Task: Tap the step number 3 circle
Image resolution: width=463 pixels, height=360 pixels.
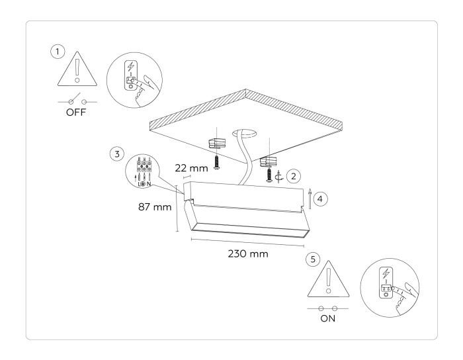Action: coord(116,154)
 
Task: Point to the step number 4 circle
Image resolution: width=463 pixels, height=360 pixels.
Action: coord(321,197)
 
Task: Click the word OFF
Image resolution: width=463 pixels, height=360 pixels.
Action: coord(77,112)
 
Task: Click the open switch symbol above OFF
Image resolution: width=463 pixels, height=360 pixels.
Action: coord(77,101)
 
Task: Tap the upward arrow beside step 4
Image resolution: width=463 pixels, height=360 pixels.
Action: coord(310,198)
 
